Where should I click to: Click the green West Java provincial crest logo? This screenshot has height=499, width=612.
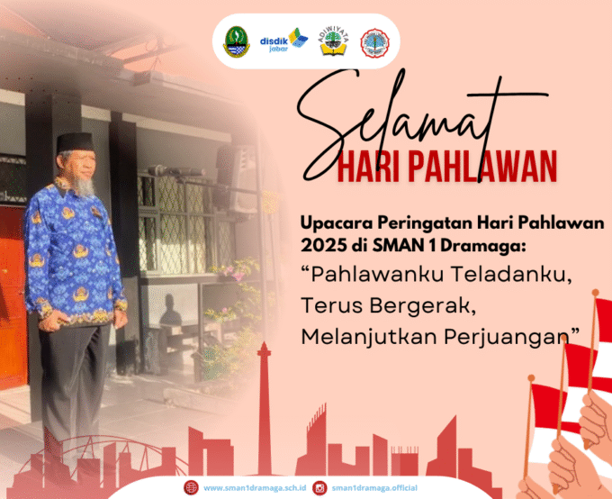pyautogui.click(x=236, y=41)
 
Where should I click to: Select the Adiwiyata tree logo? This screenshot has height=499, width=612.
pyautogui.click(x=329, y=42)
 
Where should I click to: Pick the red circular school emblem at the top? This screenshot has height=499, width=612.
pyautogui.click(x=374, y=42)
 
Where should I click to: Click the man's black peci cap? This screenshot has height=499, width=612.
pyautogui.click(x=75, y=143)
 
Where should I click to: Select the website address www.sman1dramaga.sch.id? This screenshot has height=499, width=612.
pyautogui.click(x=255, y=487)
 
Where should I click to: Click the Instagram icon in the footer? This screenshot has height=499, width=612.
pyautogui.click(x=319, y=487)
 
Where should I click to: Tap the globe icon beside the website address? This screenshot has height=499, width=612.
pyautogui.click(x=191, y=487)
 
